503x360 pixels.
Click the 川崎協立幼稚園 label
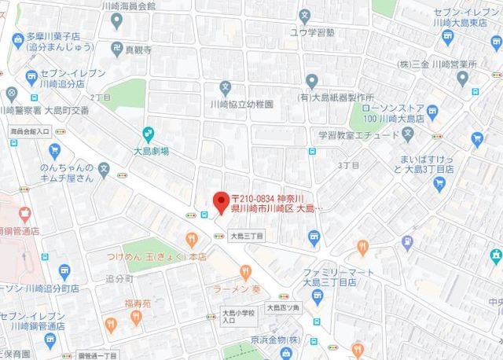241,103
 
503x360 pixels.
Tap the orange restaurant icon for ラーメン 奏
246,273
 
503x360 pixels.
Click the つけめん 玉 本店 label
154,256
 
